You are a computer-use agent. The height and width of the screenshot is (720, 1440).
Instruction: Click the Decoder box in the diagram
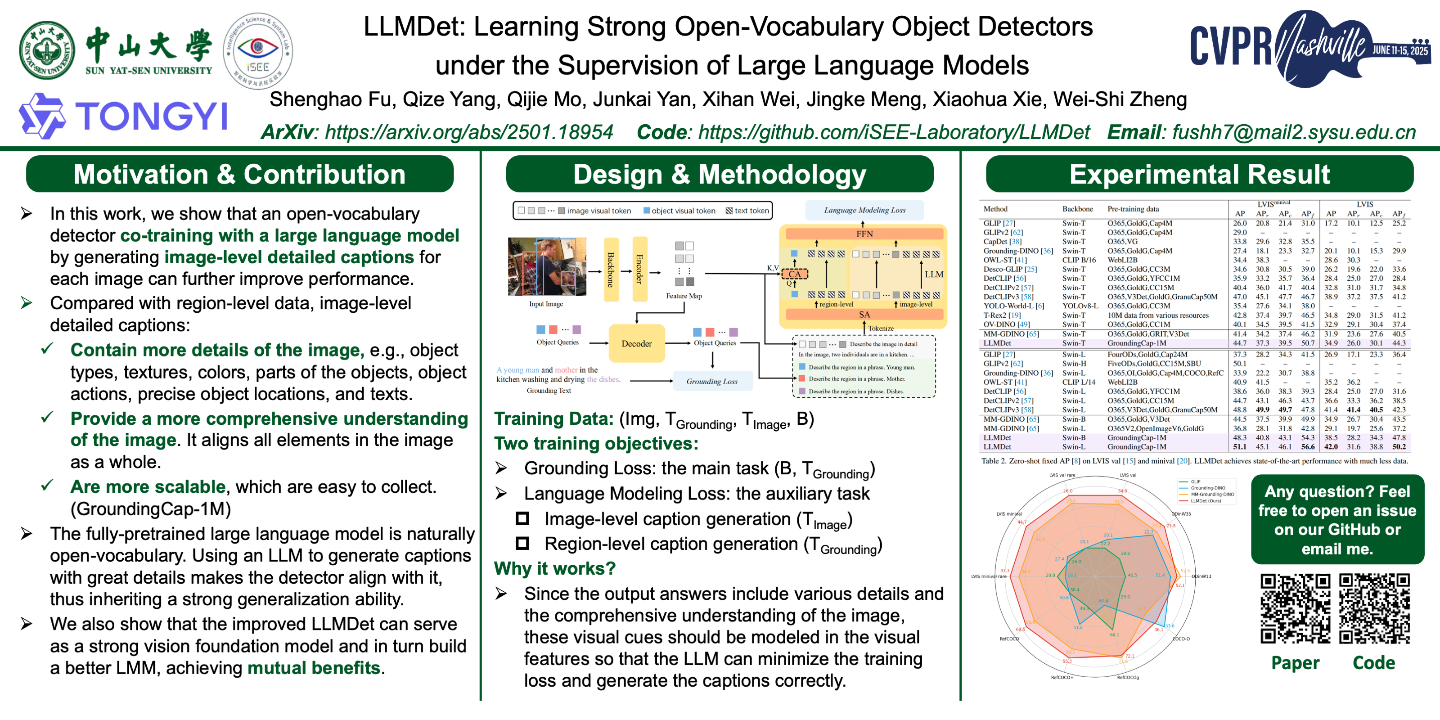636,343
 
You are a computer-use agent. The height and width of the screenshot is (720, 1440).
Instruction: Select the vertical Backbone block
611,270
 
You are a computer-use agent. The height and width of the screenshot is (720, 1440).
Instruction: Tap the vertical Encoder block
639,270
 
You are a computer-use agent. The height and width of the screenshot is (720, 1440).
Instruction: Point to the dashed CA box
794,274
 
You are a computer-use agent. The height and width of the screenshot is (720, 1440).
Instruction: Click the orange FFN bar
864,234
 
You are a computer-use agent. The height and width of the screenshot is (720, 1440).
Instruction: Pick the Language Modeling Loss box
864,210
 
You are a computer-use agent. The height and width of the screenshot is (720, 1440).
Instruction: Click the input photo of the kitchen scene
547,267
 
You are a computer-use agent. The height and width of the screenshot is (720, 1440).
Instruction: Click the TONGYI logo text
151,116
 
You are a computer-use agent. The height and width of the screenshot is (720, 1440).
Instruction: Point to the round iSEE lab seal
258,51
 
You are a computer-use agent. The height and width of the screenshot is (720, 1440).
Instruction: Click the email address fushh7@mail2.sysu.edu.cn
1294,132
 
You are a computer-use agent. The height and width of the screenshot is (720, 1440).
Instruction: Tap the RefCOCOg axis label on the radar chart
1128,678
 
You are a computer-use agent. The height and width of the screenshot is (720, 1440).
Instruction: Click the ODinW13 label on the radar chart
1201,576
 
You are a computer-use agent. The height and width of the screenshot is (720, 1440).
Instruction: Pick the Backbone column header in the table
1077,209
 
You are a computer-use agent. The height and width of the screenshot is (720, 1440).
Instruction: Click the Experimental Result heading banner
1199,175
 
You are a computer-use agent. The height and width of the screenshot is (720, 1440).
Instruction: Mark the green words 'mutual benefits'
314,668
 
